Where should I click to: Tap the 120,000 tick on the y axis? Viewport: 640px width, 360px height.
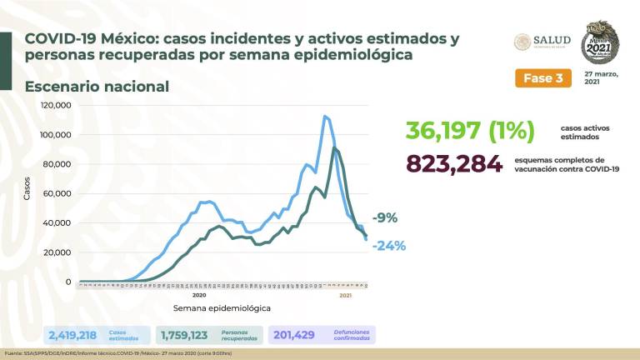[57, 106]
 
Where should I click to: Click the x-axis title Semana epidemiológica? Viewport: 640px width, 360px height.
[222, 307]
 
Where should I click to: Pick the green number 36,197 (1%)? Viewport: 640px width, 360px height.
[470, 131]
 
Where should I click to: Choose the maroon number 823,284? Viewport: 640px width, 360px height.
[454, 164]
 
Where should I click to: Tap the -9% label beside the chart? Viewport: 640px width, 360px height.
[386, 218]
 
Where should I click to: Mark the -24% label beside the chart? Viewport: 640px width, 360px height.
[388, 245]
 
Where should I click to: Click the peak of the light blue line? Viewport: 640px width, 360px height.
[324, 116]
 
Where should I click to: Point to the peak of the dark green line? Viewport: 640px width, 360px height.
[334, 148]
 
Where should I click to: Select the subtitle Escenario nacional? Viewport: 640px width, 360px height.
[97, 87]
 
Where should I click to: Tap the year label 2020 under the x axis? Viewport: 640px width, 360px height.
[199, 295]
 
